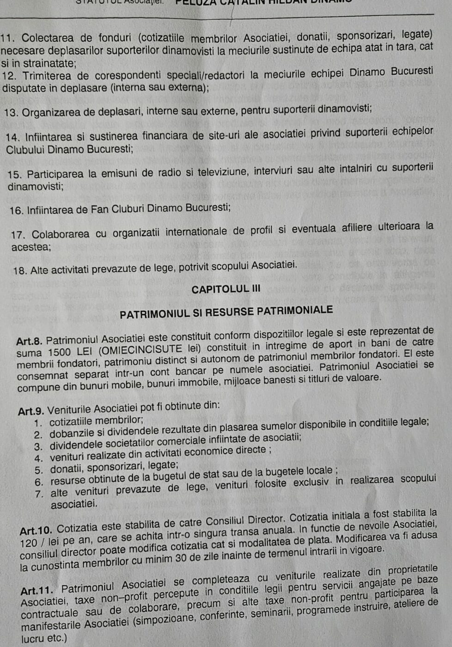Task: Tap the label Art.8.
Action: [29, 342]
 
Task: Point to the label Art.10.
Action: [36, 529]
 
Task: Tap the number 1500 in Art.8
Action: [60, 353]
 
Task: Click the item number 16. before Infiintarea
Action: [16, 211]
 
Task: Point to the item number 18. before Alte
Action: [20, 270]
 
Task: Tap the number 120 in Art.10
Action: [29, 543]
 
